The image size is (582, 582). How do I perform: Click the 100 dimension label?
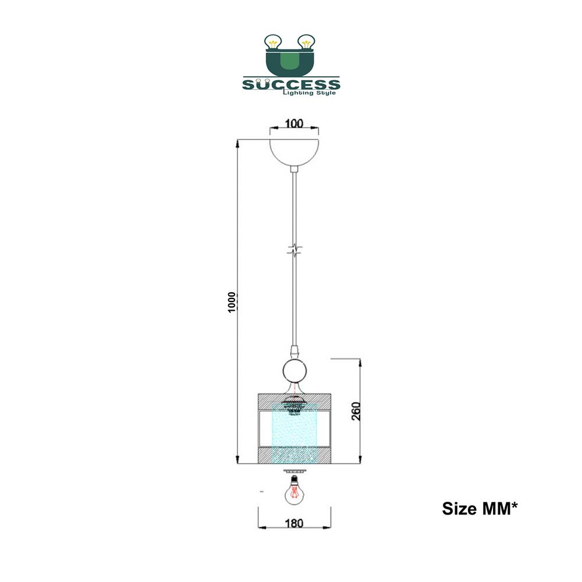coord(294,123)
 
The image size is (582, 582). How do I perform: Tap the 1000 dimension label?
coord(232,302)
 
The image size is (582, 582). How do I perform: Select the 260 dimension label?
coord(356,411)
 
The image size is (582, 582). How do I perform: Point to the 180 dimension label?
coord(294,523)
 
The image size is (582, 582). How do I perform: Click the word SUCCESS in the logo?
coord(291,84)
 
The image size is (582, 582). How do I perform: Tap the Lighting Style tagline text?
coord(310,93)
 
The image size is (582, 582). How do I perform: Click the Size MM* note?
coord(480,509)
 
